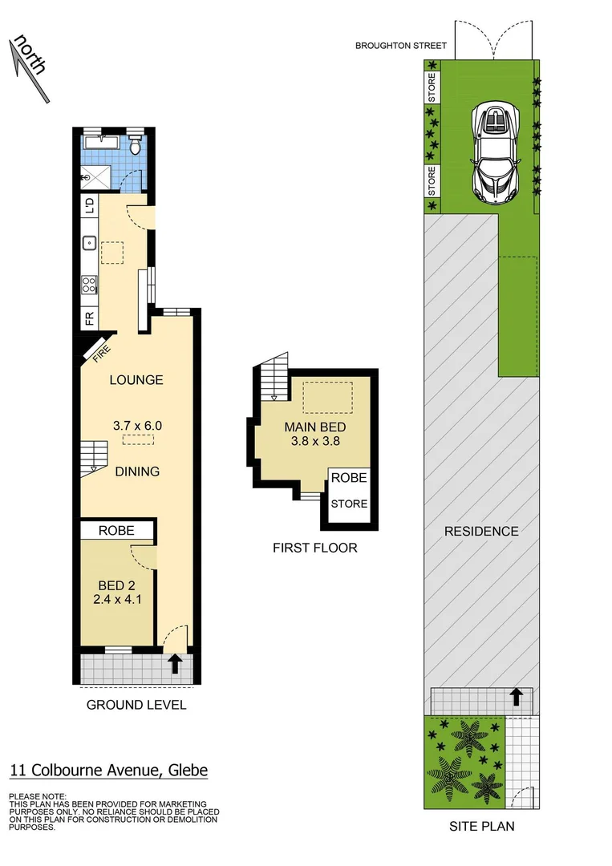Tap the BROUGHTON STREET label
[400, 47]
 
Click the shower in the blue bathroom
[98, 177]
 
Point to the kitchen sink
[90, 241]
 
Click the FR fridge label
[90, 318]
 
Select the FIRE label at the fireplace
[101, 354]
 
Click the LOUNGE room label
[136, 380]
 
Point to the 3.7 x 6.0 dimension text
[136, 426]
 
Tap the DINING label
[136, 471]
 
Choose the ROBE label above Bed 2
[116, 530]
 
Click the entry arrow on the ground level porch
[175, 663]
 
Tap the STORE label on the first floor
[350, 504]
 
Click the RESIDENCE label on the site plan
[482, 531]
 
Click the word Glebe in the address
[187, 771]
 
